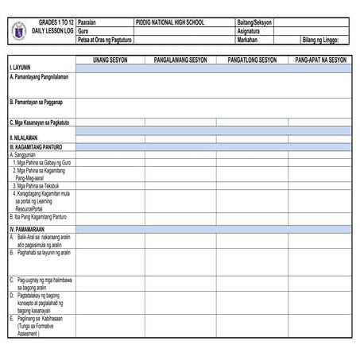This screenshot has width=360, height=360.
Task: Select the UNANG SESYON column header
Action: point(110,60)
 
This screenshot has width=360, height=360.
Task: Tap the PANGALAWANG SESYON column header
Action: point(180,60)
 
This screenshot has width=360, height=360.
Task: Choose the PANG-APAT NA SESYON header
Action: point(321,60)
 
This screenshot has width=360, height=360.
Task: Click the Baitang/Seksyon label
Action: point(254,22)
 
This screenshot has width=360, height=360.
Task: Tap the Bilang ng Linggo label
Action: point(325,39)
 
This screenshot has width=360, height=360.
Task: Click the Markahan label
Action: point(248,39)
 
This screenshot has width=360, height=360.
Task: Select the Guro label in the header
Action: point(83,31)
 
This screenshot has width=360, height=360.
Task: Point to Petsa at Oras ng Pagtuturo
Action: point(105,39)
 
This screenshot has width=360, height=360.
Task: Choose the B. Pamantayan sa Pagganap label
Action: point(37,103)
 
